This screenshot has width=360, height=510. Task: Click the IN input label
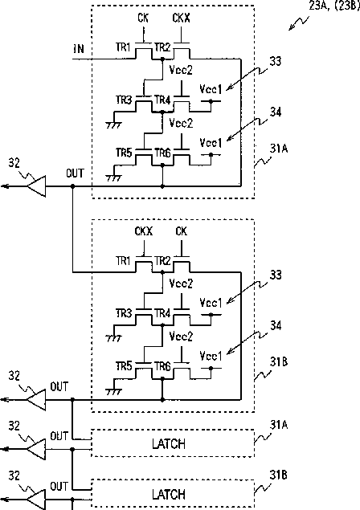click(79, 49)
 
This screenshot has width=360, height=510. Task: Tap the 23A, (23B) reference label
click(334, 6)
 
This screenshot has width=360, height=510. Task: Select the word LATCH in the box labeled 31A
click(169, 443)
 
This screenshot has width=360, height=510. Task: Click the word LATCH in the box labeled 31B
click(169, 495)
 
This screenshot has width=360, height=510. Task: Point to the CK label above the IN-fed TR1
click(143, 18)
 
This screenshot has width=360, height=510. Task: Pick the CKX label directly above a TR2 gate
click(181, 18)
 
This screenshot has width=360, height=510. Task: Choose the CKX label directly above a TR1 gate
click(144, 231)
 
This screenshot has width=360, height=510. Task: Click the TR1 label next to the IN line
click(123, 47)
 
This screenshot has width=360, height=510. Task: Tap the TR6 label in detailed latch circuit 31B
click(162, 366)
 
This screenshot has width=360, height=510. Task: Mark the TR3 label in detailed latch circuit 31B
click(124, 313)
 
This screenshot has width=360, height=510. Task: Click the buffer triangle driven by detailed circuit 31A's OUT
click(36, 186)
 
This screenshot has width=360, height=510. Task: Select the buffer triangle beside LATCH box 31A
click(36, 449)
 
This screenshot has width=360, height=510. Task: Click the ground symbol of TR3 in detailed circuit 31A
click(114, 124)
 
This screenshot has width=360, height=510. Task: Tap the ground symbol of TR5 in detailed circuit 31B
click(114, 391)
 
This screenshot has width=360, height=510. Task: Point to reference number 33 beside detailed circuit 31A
click(276, 61)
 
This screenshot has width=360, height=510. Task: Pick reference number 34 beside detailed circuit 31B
click(276, 325)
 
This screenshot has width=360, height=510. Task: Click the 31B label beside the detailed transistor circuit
click(279, 361)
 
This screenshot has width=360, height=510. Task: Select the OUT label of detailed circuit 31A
click(75, 173)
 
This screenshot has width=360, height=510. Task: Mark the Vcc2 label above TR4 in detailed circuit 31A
click(181, 70)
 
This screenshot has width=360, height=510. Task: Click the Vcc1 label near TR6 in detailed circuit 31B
click(211, 356)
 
